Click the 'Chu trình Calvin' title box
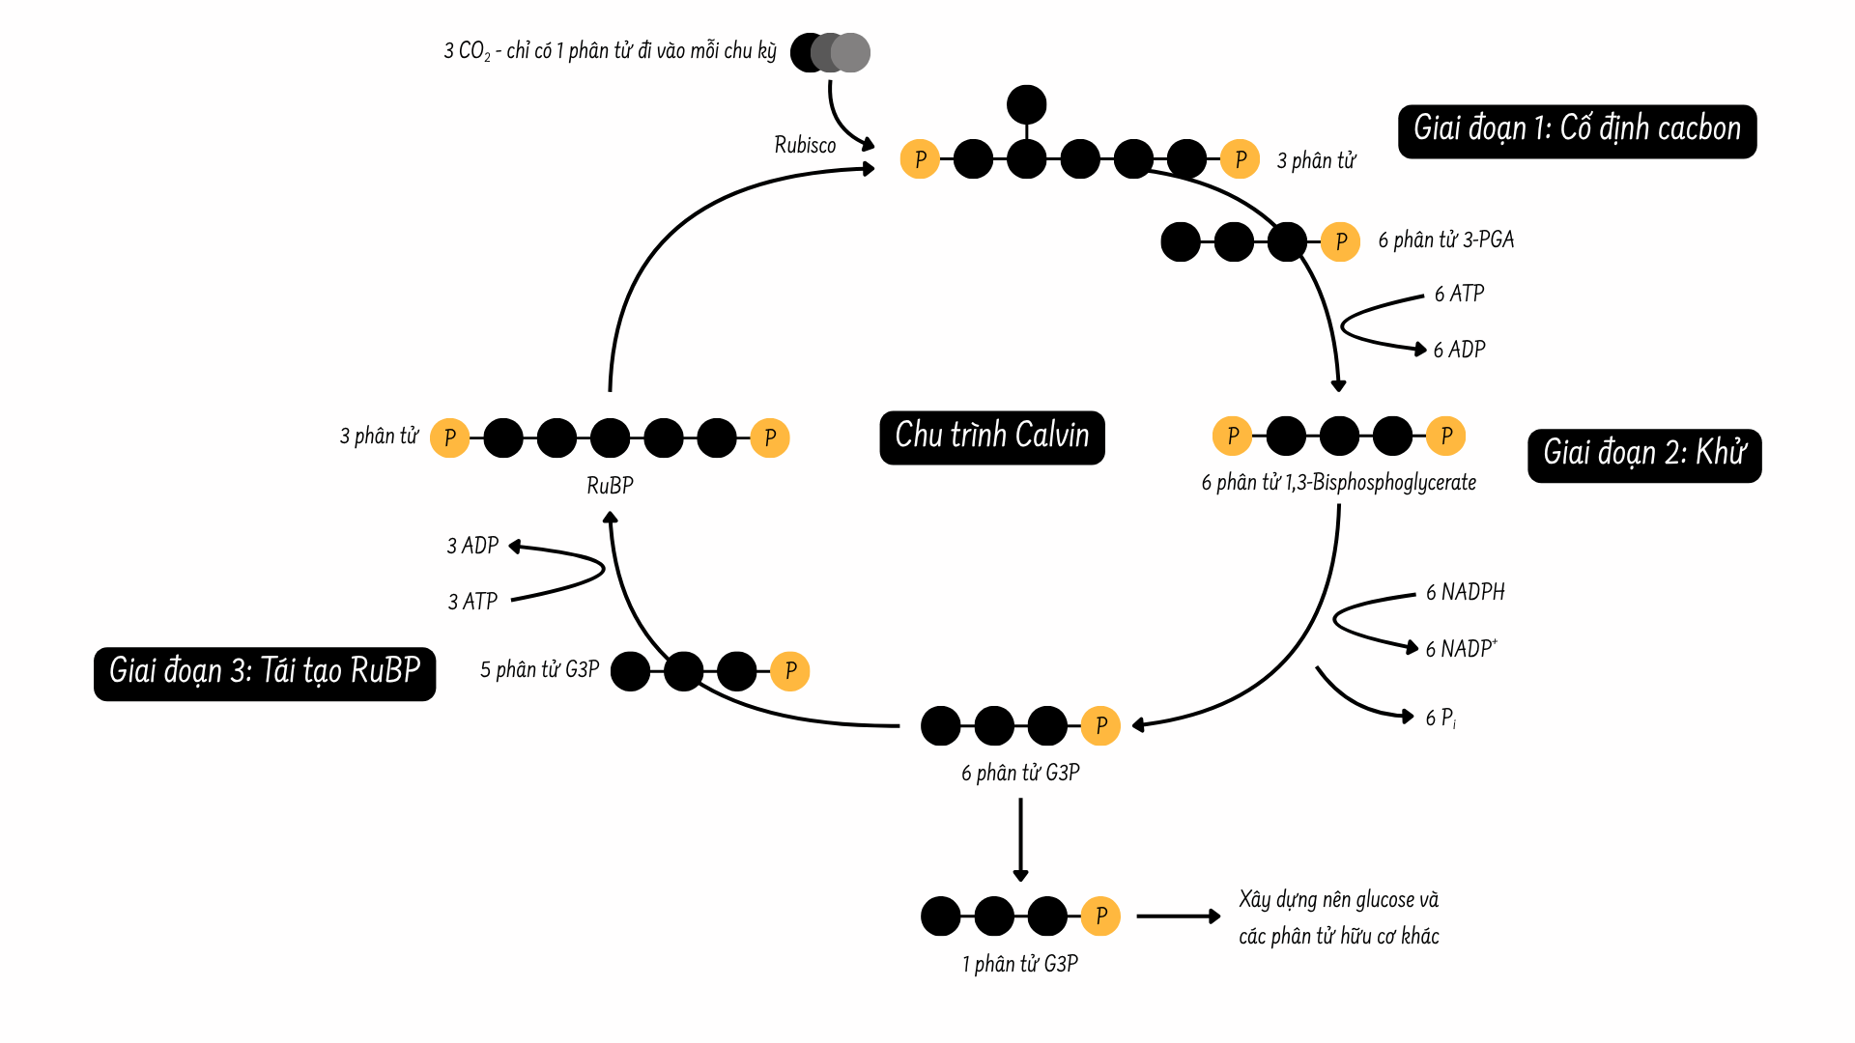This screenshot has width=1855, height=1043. pyautogui.click(x=991, y=437)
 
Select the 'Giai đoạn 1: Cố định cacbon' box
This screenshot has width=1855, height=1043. pyautogui.click(x=1576, y=130)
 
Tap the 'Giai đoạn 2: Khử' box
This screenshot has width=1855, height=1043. pyautogui.click(x=1643, y=454)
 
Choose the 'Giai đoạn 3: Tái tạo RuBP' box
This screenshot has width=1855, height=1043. pyautogui.click(x=264, y=672)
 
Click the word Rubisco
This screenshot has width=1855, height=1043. pyautogui.click(x=805, y=145)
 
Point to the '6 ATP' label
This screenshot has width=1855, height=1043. pyautogui.click(x=1459, y=294)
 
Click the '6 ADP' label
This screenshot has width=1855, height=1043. pyautogui.click(x=1459, y=350)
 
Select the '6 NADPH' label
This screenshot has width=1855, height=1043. pyautogui.click(x=1465, y=592)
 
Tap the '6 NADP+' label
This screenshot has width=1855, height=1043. pyautogui.click(x=1461, y=649)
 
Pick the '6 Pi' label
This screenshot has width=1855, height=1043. pyautogui.click(x=1441, y=718)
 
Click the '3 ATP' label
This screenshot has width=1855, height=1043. pyautogui.click(x=472, y=602)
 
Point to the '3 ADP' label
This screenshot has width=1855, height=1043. pyautogui.click(x=472, y=546)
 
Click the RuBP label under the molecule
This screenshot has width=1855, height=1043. pyautogui.click(x=610, y=486)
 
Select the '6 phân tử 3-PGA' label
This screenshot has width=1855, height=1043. pyautogui.click(x=1445, y=240)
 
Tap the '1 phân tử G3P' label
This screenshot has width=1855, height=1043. pyautogui.click(x=1019, y=964)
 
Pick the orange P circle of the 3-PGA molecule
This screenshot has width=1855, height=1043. pyautogui.click(x=1340, y=241)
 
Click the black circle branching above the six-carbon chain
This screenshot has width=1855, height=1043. pyautogui.click(x=1026, y=104)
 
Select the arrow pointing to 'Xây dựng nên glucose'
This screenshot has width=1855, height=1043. pyautogui.click(x=1179, y=916)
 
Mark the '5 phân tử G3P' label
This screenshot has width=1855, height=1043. pyautogui.click(x=539, y=670)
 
